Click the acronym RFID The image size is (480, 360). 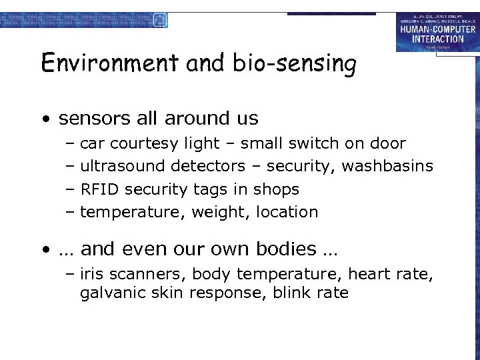click(99, 189)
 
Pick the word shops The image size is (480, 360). click(276, 190)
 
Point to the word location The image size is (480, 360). click(285, 212)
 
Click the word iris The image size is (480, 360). click(91, 274)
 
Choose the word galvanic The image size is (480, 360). click(109, 293)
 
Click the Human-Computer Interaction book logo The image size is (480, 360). click(437, 32)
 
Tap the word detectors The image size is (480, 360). click(207, 166)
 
